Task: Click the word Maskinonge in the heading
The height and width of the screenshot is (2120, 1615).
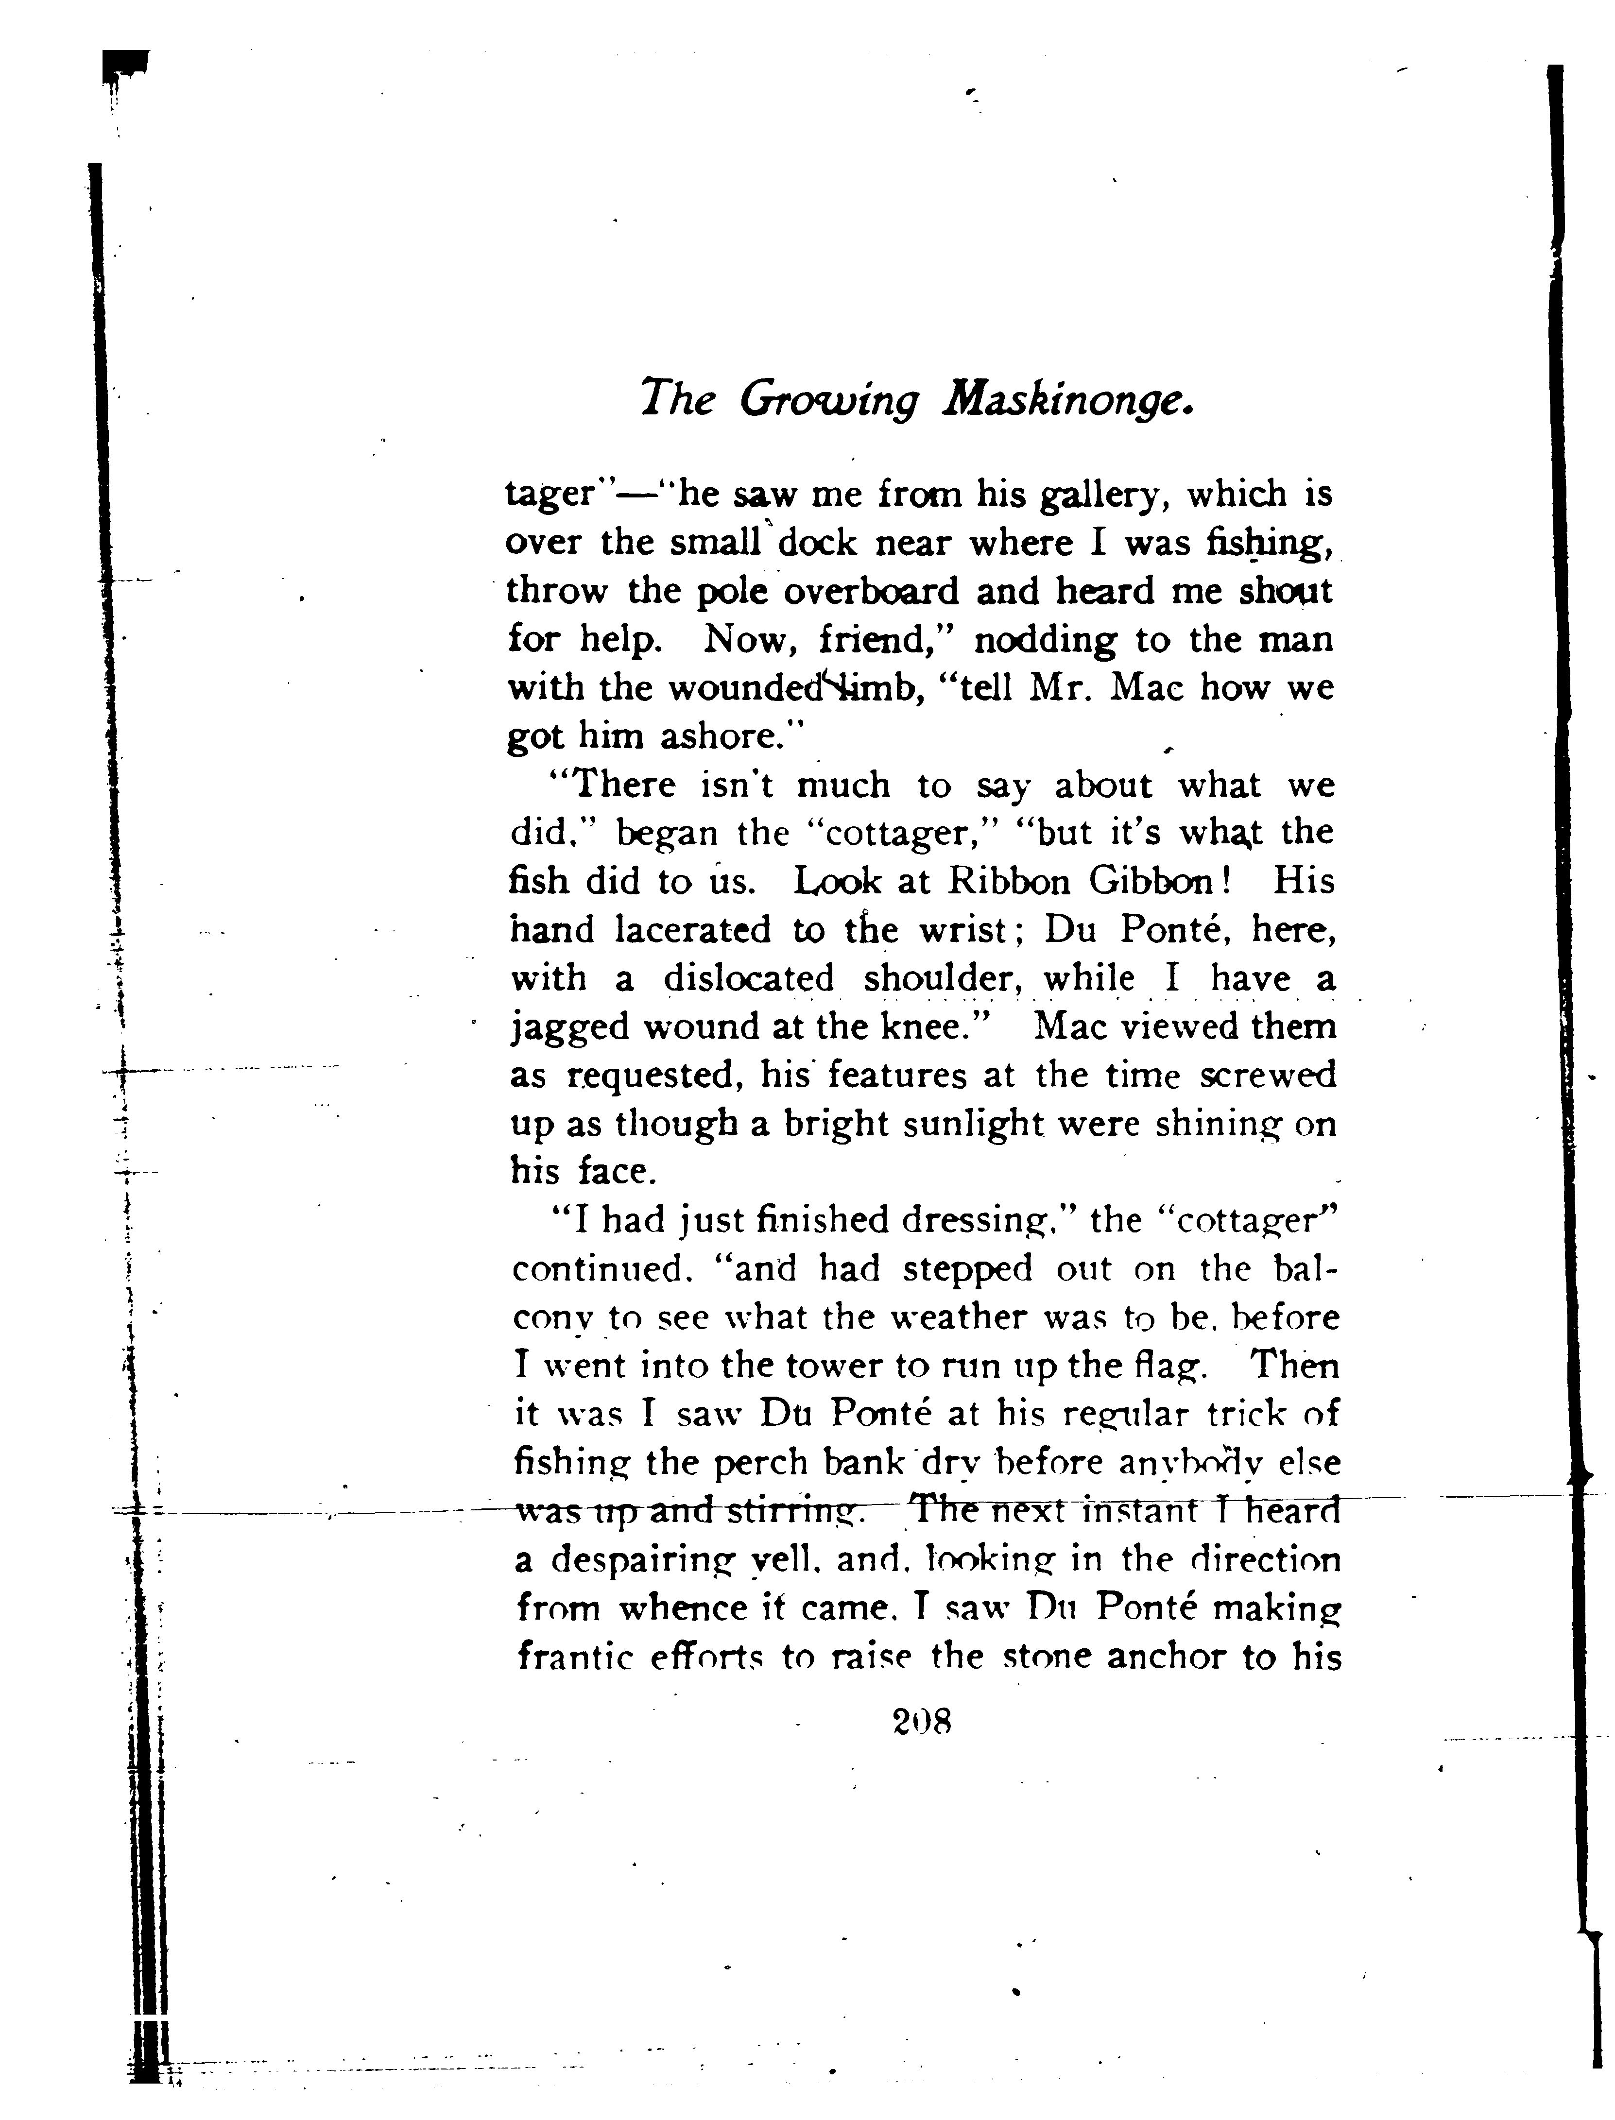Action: point(1067,399)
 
